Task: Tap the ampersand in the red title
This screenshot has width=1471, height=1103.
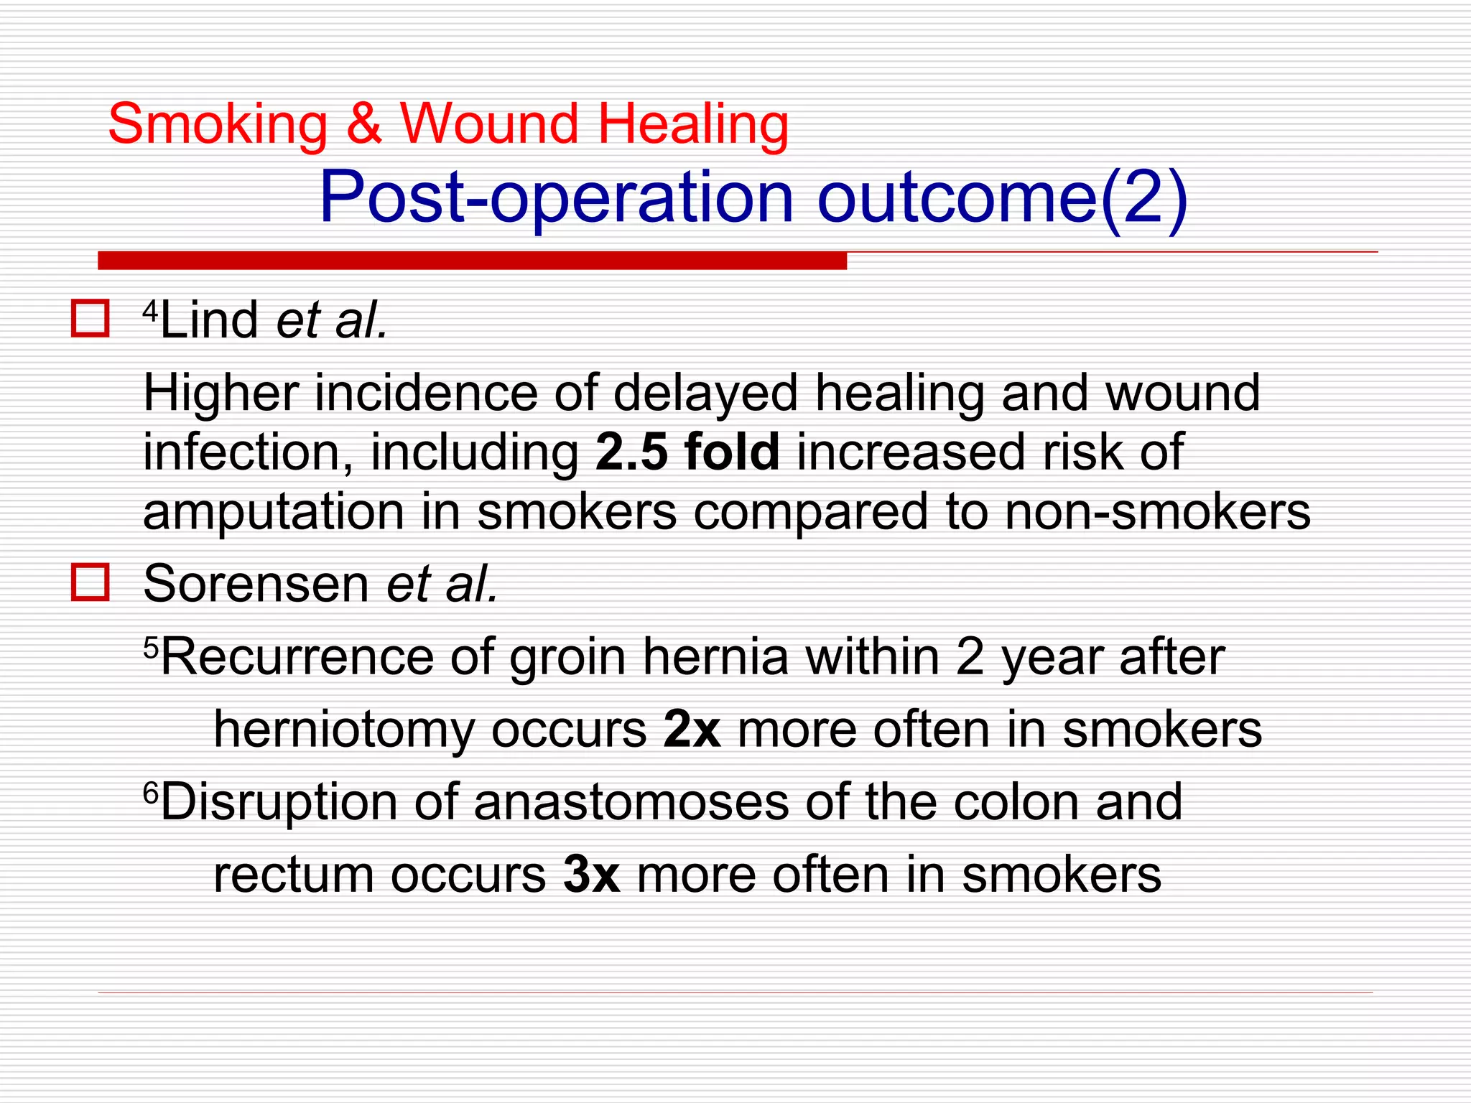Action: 364,124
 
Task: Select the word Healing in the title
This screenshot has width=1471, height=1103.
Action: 693,125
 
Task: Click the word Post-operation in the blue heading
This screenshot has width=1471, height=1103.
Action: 556,197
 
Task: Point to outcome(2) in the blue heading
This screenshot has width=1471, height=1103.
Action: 1003,197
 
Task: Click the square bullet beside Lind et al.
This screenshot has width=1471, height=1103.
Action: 91,319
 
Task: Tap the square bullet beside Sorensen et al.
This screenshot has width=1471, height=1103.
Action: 91,582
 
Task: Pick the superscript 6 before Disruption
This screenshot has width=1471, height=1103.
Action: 150,793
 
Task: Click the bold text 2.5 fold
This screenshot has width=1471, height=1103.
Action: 687,452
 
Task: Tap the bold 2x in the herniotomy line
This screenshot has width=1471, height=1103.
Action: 692,730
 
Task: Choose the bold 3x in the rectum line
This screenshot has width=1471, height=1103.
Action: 591,875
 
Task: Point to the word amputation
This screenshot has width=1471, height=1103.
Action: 274,512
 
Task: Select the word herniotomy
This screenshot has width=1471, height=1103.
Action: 344,730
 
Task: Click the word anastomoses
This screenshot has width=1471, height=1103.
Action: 631,801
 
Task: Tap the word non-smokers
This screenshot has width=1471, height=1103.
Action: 1157,512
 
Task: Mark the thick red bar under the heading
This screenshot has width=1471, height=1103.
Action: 472,261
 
